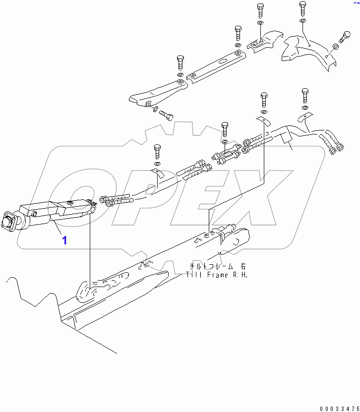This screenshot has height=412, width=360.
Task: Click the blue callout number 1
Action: [64, 240]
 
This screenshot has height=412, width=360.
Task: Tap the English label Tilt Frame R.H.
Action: [217, 274]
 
